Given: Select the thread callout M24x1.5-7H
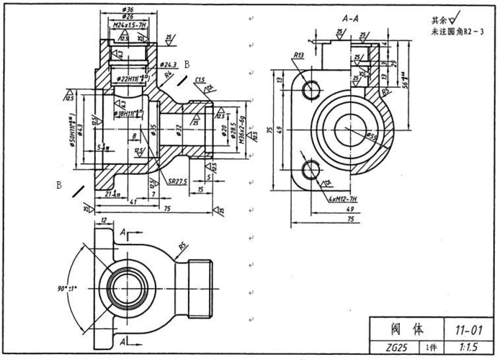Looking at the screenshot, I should tap(128, 24).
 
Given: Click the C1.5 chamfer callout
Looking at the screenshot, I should tap(200, 79).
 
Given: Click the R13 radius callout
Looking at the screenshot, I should tap(299, 55).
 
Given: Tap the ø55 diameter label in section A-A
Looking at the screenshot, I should tap(371, 135).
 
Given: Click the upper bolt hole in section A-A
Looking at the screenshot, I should tap(311, 89).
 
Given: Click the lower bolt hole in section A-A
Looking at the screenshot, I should tap(311, 170).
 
